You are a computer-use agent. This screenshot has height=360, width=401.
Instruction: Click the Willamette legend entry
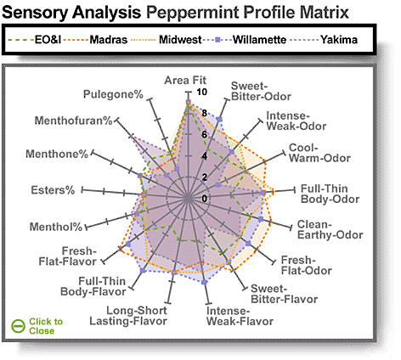point(246,40)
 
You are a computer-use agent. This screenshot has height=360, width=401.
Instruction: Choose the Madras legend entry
point(95,40)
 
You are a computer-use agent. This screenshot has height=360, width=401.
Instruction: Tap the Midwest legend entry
point(167,40)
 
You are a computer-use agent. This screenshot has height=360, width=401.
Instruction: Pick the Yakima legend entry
point(324,40)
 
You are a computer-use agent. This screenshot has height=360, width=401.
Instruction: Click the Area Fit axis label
point(185,81)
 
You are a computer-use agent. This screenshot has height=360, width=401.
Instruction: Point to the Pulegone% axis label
point(113,94)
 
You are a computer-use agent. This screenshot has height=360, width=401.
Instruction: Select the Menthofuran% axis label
point(73,121)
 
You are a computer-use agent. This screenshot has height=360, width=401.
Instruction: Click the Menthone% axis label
point(57,154)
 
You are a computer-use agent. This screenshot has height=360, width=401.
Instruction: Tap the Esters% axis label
point(53,190)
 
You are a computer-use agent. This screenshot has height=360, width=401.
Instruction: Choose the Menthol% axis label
point(56,227)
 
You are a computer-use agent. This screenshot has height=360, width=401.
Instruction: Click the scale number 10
point(202,92)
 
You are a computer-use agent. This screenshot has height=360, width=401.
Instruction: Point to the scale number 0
point(205,199)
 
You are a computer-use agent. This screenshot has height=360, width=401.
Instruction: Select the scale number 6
point(205,135)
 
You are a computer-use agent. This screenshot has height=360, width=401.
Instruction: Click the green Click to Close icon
point(19,326)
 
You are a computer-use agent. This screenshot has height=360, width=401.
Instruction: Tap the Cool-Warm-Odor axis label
point(319,153)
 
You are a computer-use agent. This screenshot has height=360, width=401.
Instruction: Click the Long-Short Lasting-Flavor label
point(128,316)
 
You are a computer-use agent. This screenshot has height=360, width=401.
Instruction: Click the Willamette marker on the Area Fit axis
point(188,102)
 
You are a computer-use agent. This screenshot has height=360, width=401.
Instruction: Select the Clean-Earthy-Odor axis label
point(330,230)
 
